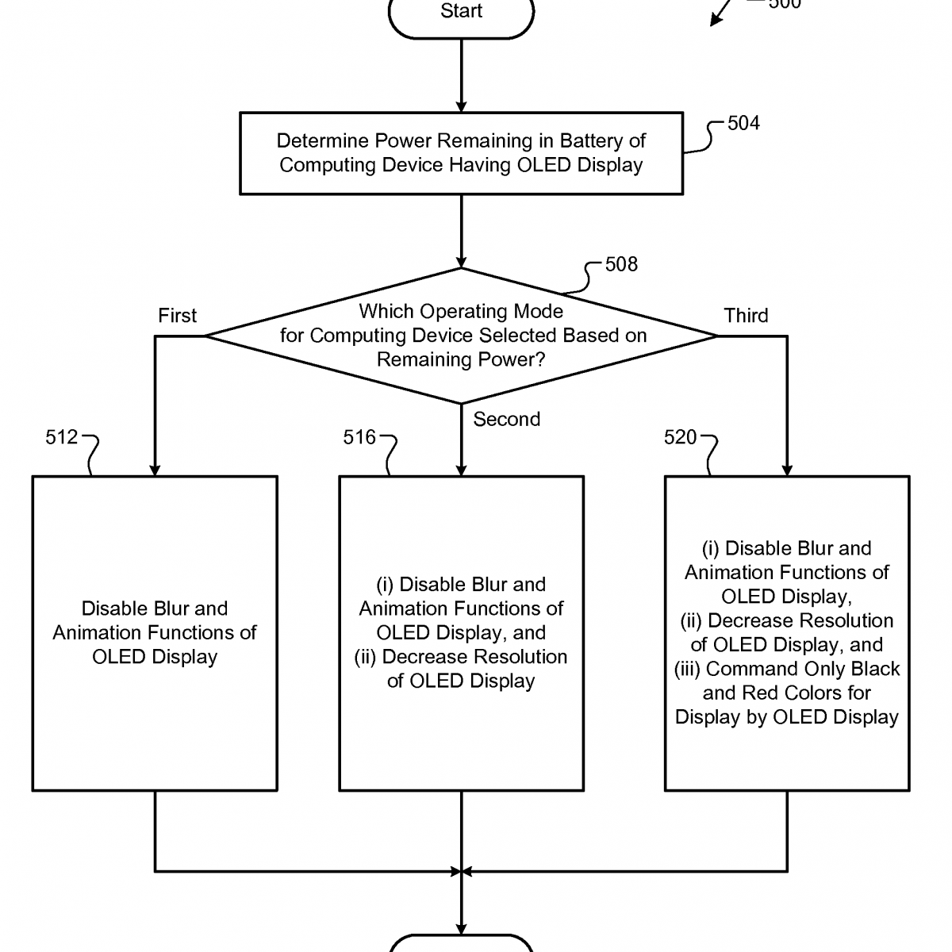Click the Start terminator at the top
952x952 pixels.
[x=461, y=13]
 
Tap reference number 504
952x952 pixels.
[x=743, y=123]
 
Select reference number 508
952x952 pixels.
[x=621, y=264]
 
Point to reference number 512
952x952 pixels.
[x=62, y=437]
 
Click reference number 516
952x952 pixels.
[x=359, y=437]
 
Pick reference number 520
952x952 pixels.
[x=680, y=437]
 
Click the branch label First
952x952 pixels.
[x=177, y=316]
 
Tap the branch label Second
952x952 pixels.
[x=506, y=419]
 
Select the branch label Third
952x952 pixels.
[x=746, y=316]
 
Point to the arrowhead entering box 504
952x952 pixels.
[x=461, y=106]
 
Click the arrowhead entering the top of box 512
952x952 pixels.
[x=155, y=470]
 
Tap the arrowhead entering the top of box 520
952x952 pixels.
[x=787, y=470]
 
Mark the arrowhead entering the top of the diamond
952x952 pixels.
[x=461, y=262]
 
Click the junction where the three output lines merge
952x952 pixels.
[x=461, y=871]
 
